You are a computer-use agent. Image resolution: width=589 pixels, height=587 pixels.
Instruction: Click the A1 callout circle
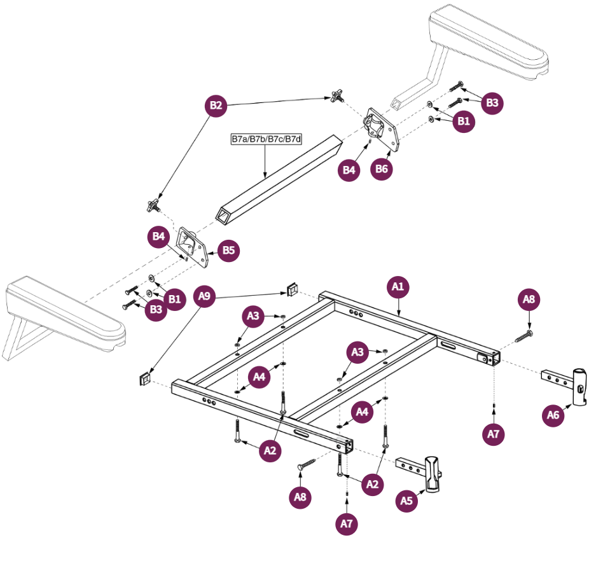398,287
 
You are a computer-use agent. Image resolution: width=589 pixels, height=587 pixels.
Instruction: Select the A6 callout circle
553,416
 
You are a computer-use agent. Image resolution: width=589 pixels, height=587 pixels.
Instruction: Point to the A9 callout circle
204,296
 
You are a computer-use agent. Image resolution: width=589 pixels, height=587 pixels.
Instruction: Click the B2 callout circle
216,106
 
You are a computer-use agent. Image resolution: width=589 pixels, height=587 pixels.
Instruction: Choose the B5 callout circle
229,251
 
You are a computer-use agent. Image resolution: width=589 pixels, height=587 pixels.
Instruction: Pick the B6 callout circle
382,169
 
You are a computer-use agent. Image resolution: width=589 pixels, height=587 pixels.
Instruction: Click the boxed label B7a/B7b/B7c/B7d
265,139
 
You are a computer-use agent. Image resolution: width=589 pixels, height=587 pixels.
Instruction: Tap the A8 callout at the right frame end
529,299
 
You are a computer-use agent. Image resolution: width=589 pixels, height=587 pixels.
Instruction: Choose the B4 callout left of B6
349,170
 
